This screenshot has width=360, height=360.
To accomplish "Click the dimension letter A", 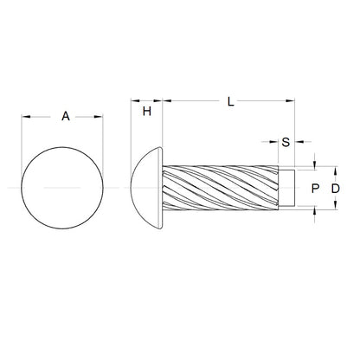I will pyautogui.click(x=66, y=117).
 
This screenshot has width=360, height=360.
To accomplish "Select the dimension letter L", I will pyautogui.click(x=229, y=102).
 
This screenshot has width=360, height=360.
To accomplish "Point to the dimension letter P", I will pyautogui.click(x=315, y=187).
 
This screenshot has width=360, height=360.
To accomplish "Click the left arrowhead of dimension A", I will pyautogui.click(x=24, y=116).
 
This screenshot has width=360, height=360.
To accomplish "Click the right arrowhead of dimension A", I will pyautogui.click(x=100, y=116).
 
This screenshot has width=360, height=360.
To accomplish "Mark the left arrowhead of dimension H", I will pyautogui.click(x=134, y=102).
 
